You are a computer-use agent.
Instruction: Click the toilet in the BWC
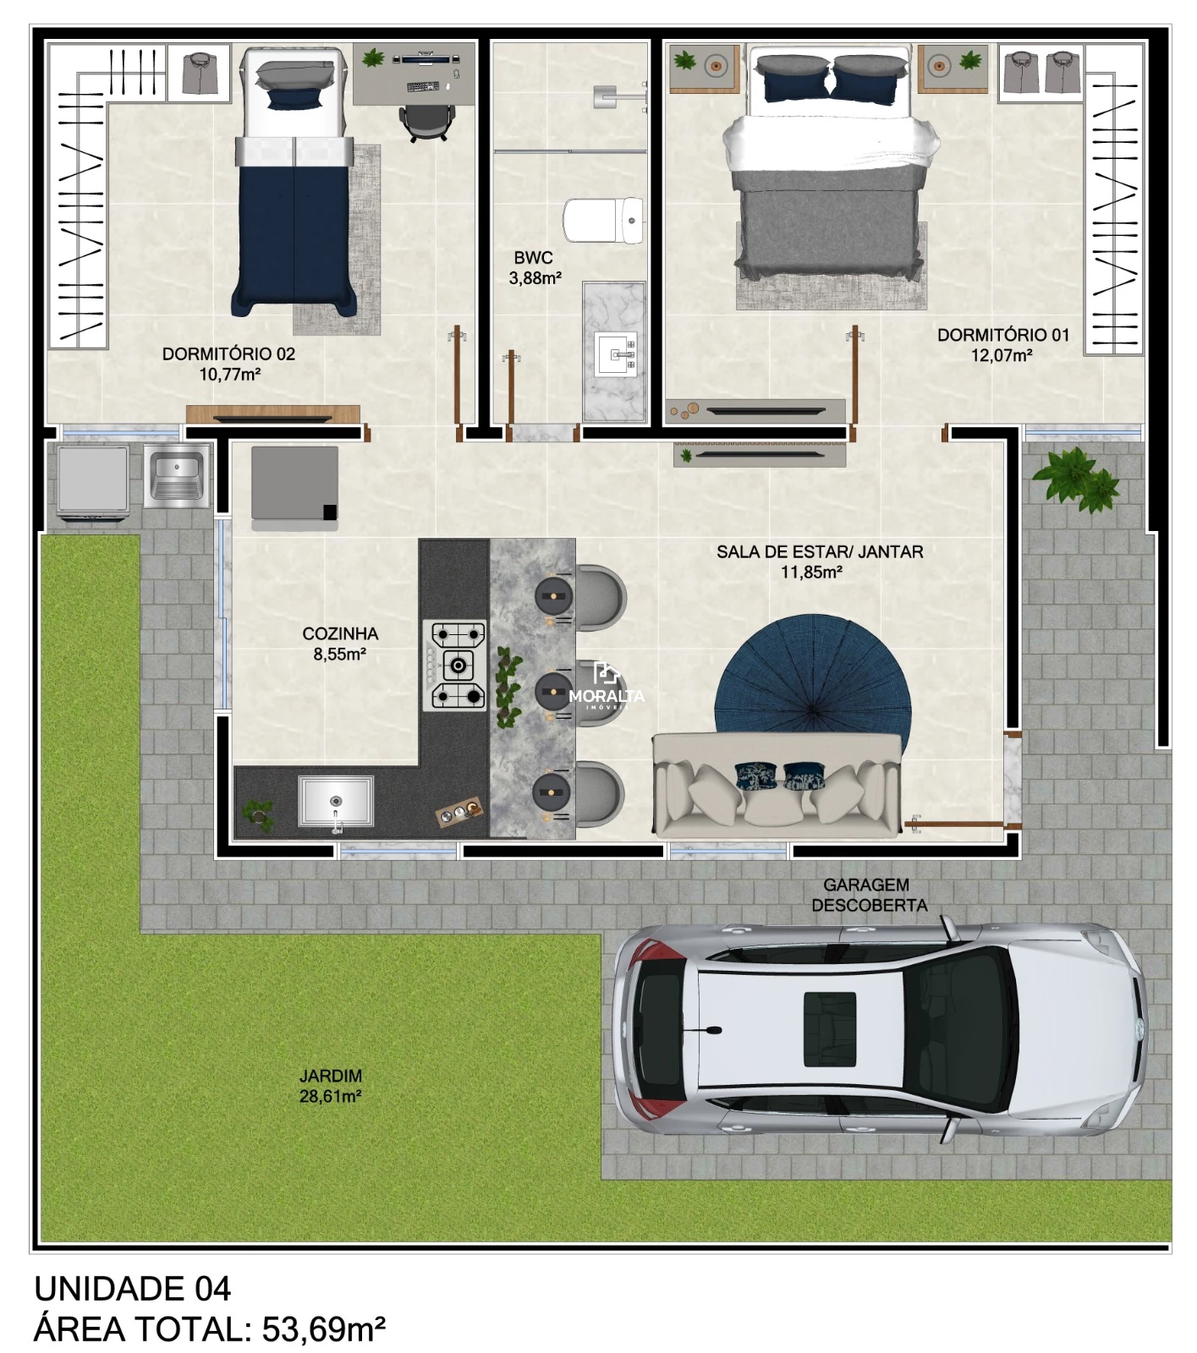[603, 221]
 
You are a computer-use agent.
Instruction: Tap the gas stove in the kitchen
[456, 665]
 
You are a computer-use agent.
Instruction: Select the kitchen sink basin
[336, 801]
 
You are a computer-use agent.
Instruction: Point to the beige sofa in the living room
[777, 785]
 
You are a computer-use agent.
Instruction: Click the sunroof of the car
[829, 1017]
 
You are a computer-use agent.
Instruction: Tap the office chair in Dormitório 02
[424, 122]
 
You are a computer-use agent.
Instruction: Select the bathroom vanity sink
[615, 354]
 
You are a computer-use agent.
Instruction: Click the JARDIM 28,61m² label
[331, 1086]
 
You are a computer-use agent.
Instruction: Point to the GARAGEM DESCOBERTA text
[869, 895]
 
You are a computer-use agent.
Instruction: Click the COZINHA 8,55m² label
[340, 644]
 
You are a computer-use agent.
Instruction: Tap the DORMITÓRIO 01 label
[1003, 335]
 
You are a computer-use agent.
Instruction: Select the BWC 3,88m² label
[535, 267]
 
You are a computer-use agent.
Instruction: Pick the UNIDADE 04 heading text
[132, 1289]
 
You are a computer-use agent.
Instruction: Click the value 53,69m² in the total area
[324, 1328]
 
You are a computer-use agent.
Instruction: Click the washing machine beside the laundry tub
[93, 479]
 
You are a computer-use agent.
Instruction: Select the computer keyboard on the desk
[423, 86]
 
